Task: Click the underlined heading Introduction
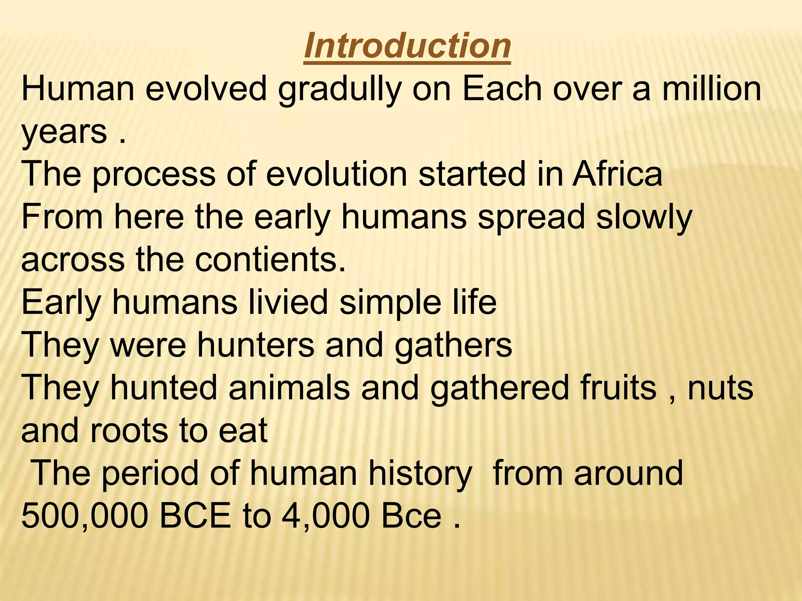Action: point(407,46)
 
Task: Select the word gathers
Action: point(453,347)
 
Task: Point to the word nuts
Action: point(720,388)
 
